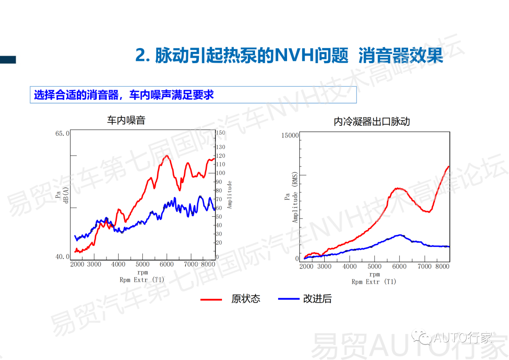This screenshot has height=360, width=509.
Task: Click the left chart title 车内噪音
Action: [x=126, y=121]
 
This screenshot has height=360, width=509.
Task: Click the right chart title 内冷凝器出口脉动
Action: [x=372, y=122]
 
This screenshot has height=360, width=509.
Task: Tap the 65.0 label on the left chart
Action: [x=62, y=133]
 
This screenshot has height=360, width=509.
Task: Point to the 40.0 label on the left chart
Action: [x=62, y=257]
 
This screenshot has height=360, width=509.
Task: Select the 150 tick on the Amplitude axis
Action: [x=221, y=133]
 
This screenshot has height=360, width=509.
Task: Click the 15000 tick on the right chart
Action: [x=290, y=136]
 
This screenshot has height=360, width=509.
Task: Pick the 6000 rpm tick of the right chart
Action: [x=399, y=266]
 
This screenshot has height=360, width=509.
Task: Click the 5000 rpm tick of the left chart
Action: [x=142, y=264]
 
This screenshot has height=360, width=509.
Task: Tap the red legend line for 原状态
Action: [x=211, y=299]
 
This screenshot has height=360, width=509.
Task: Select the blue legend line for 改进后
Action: [x=289, y=299]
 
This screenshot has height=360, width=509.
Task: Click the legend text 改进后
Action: [x=317, y=299]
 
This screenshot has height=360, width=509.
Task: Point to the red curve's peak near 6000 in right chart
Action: [x=399, y=188]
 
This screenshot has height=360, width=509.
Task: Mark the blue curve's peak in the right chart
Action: [x=400, y=235]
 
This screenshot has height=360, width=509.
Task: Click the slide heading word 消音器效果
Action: [x=401, y=56]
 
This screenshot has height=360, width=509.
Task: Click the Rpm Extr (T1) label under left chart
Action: [x=142, y=279]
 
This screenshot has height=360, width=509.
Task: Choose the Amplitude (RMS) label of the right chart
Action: [x=295, y=197]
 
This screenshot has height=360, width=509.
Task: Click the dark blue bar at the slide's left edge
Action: [x=8, y=59]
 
